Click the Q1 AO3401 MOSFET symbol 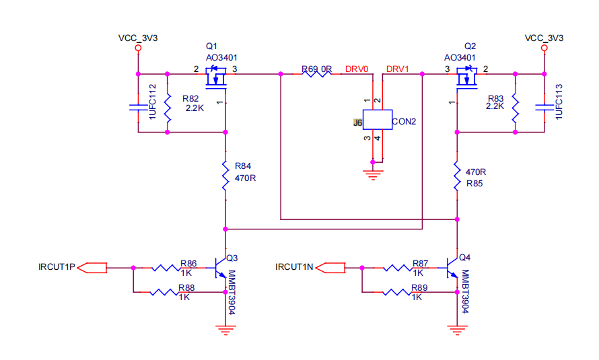[216, 77]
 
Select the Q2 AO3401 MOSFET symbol [467, 77]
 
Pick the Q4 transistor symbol [452, 268]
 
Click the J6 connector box [377, 120]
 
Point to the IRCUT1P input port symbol [92, 268]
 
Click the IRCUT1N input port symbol [331, 268]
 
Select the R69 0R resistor [317, 73]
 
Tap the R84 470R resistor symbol [225, 176]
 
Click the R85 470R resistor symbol [457, 176]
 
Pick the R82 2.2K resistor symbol [168, 107]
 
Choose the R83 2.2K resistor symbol [516, 107]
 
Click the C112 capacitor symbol [138, 107]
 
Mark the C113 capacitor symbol [544, 107]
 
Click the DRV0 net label [357, 69]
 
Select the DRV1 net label [397, 69]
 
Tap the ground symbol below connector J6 [373, 175]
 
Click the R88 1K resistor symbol [164, 292]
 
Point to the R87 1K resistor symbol [398, 268]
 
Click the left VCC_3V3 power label [138, 38]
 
